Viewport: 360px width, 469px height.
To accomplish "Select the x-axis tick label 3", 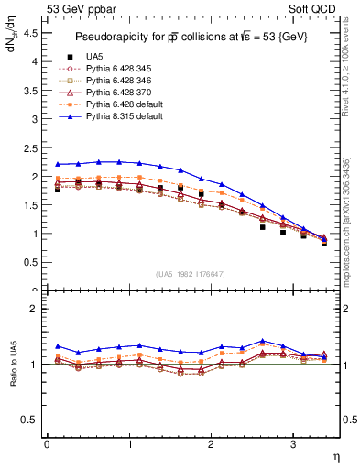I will [x=292, y=443].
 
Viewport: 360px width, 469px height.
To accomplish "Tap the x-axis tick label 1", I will [x=128, y=443].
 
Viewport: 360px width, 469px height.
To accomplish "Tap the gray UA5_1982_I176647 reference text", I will [x=193, y=274].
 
